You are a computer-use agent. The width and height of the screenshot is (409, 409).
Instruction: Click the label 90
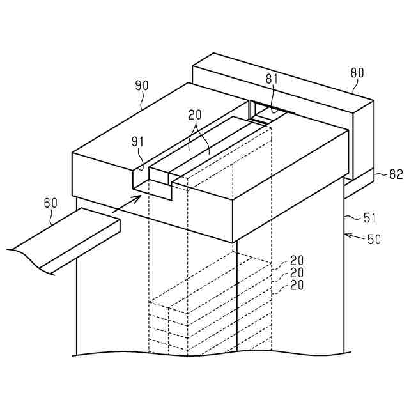(141, 85)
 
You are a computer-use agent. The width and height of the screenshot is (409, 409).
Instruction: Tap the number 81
(273, 79)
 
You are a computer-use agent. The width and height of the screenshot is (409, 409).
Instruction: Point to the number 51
(370, 218)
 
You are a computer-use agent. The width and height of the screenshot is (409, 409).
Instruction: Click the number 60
(50, 203)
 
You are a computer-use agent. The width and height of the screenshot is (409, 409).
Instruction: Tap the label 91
(139, 141)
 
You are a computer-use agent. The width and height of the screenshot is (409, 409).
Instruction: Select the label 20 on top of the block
(195, 116)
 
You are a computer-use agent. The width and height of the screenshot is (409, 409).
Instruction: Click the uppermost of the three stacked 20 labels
(297, 260)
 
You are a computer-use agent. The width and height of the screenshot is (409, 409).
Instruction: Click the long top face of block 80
(281, 80)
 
